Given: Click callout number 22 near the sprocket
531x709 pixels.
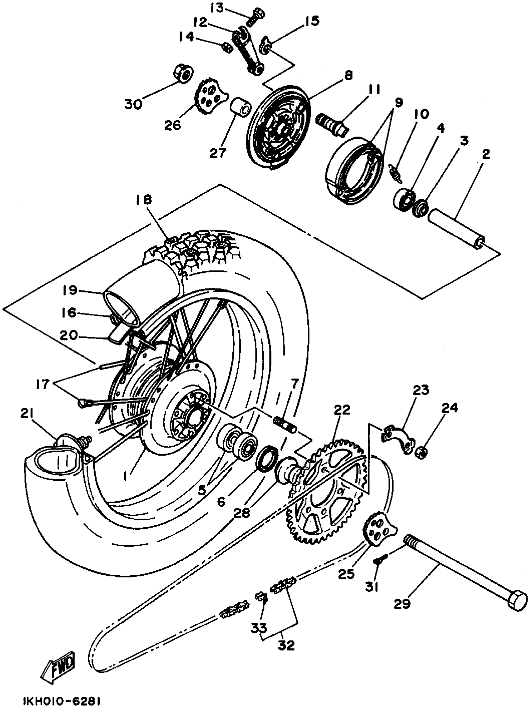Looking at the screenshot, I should coord(342,410).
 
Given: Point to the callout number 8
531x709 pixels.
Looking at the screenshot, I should coord(347,76).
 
